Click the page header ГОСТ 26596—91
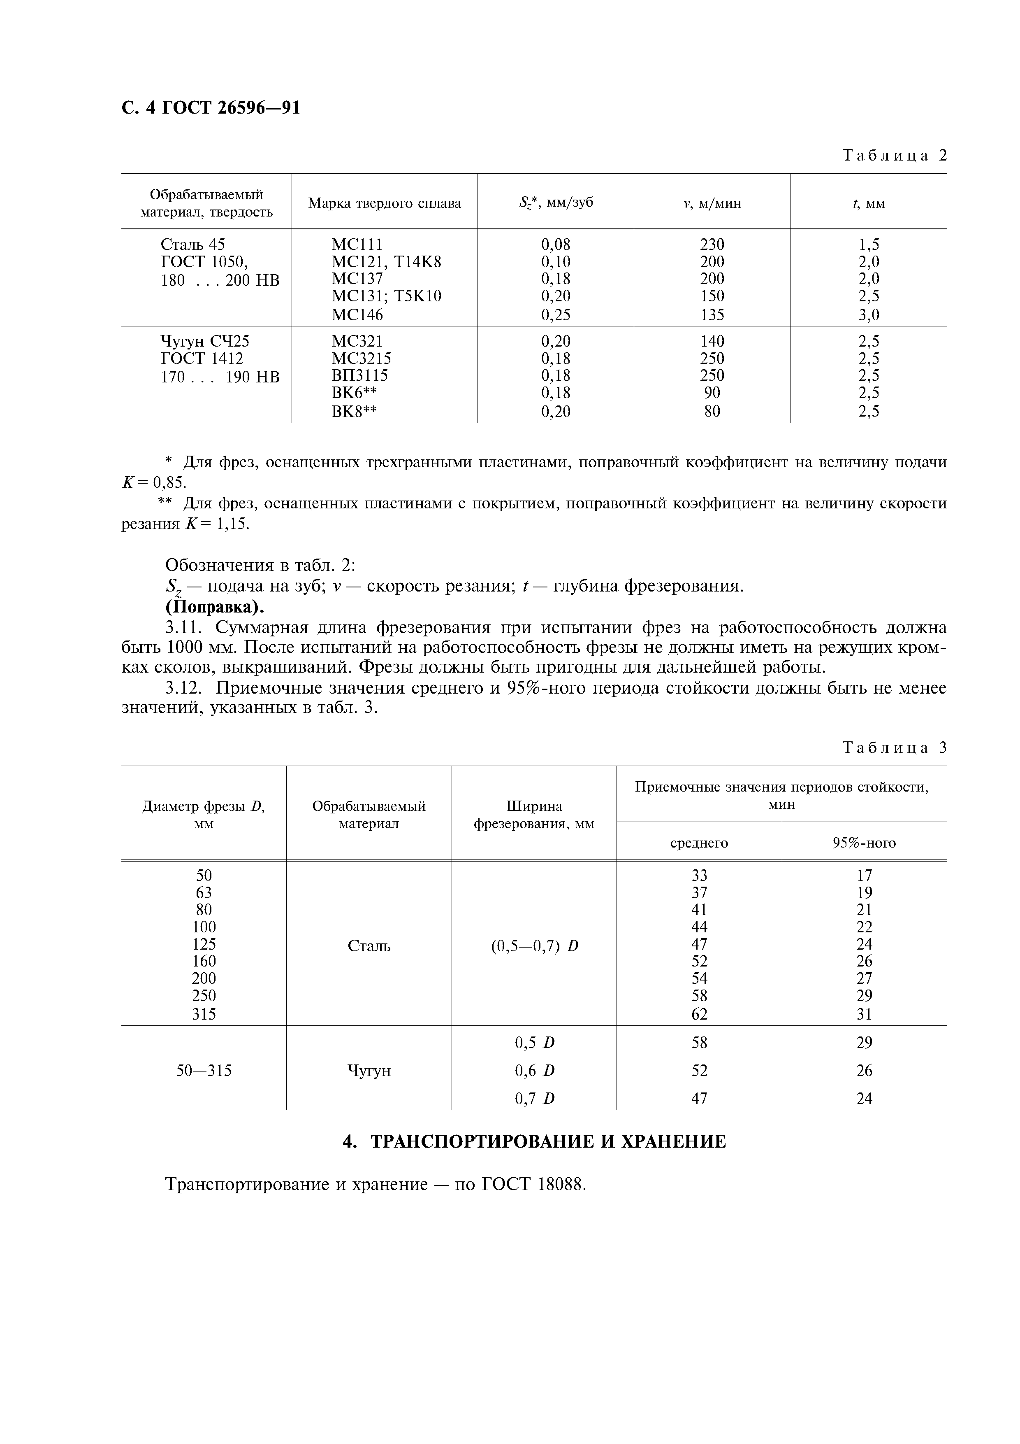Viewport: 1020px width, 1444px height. [x=211, y=108]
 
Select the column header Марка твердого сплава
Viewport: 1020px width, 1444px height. [x=384, y=203]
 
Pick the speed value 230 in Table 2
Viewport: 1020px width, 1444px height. [x=712, y=244]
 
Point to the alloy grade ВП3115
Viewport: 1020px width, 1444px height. [x=359, y=375]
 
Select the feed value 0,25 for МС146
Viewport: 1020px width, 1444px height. [x=556, y=314]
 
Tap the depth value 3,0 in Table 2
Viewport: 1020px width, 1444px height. [x=869, y=314]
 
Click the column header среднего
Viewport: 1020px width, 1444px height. [x=699, y=843]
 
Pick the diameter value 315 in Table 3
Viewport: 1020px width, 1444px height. [x=204, y=1014]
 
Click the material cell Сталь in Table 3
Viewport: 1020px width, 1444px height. [x=369, y=945]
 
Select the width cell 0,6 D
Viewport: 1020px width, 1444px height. [x=534, y=1070]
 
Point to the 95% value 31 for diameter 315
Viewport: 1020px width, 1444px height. [x=864, y=1014]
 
